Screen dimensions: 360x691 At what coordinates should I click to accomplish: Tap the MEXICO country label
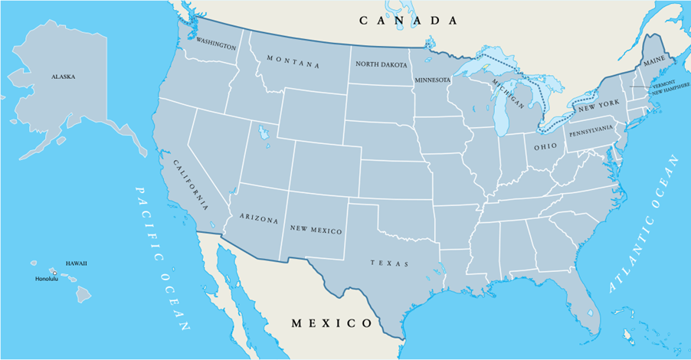click(332, 323)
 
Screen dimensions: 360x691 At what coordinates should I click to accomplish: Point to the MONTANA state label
click(293, 62)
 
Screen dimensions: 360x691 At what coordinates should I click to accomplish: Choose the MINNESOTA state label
click(432, 80)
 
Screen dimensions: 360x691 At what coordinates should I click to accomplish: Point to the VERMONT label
click(663, 84)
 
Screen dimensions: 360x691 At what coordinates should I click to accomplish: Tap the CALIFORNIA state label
click(191, 186)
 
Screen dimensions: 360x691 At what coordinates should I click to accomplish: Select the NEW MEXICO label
click(316, 229)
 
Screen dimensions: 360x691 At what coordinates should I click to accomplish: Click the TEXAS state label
click(389, 263)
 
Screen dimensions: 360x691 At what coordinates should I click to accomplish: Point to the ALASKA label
click(64, 77)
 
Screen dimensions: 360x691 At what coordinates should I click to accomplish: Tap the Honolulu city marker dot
click(54, 273)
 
